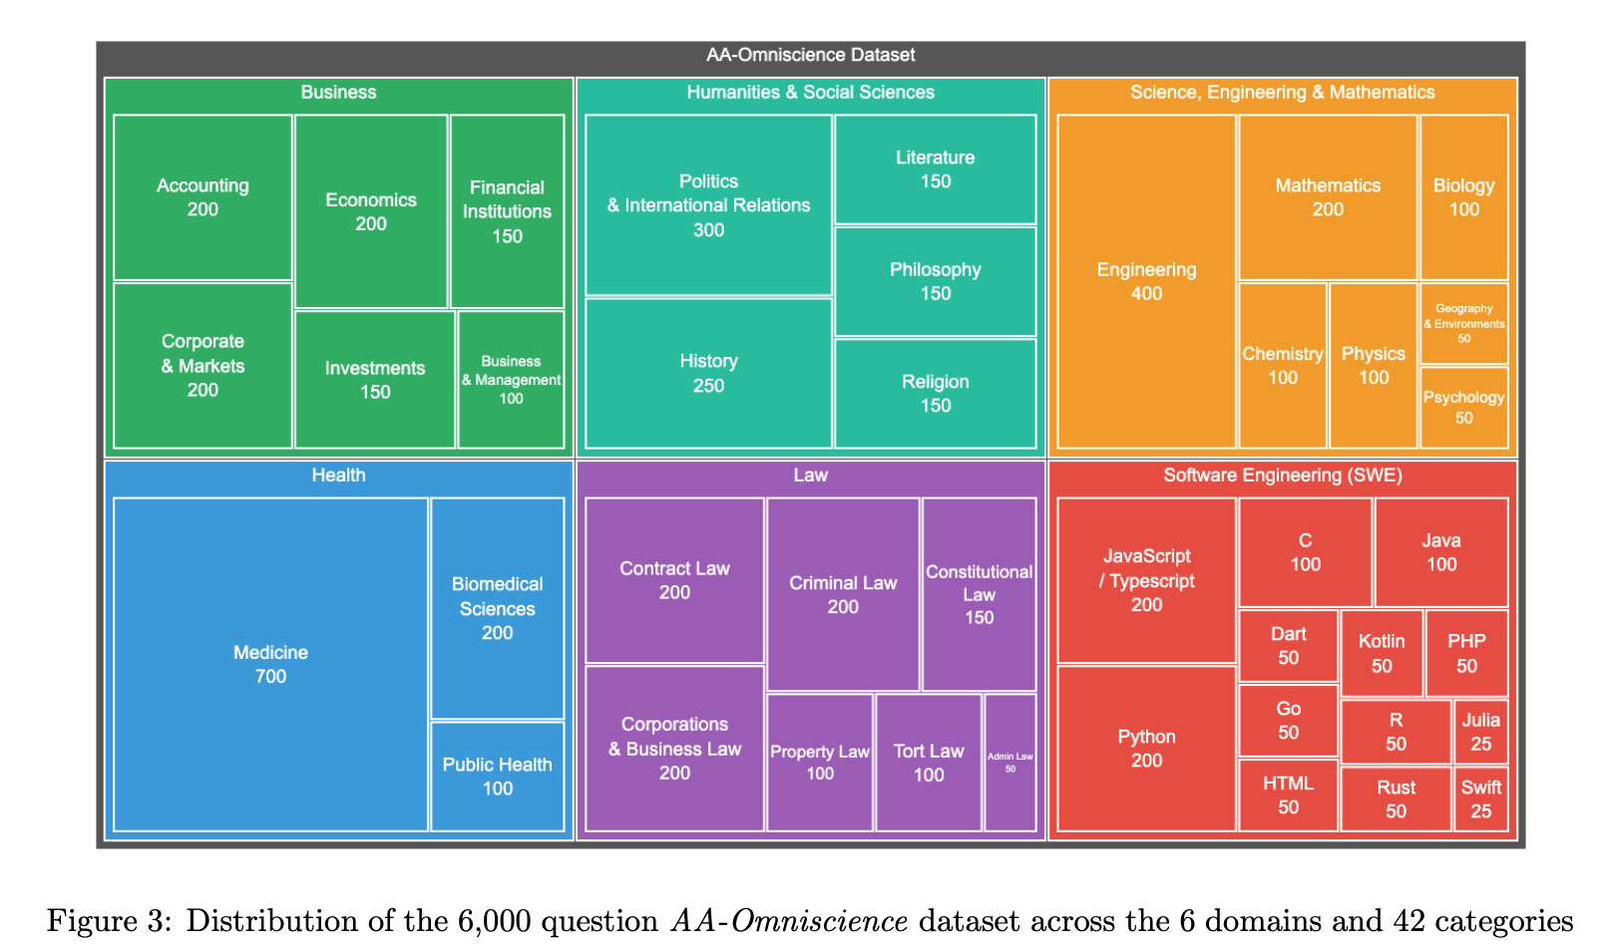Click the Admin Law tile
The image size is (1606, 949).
tap(1009, 763)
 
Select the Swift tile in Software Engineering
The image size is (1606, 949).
tap(1480, 798)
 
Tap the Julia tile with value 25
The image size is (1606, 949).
tap(1480, 732)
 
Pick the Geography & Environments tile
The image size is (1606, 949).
tap(1463, 323)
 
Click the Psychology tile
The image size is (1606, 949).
tap(1463, 407)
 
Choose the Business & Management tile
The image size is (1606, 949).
tap(511, 380)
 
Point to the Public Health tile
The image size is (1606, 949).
tap(497, 776)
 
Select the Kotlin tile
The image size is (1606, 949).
tap(1381, 653)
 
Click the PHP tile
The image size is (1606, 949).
tap(1466, 653)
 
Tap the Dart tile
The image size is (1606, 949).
tap(1288, 645)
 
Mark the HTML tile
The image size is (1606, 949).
tap(1288, 794)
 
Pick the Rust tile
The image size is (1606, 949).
tap(1396, 798)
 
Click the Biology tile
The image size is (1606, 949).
tap(1463, 197)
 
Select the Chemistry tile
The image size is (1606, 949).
tap(1282, 366)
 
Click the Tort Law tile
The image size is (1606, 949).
tap(928, 763)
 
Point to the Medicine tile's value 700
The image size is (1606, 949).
tap(270, 677)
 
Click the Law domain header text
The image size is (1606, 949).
tap(810, 475)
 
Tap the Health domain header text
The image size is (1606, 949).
tap(338, 475)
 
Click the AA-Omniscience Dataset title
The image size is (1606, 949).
tap(810, 55)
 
